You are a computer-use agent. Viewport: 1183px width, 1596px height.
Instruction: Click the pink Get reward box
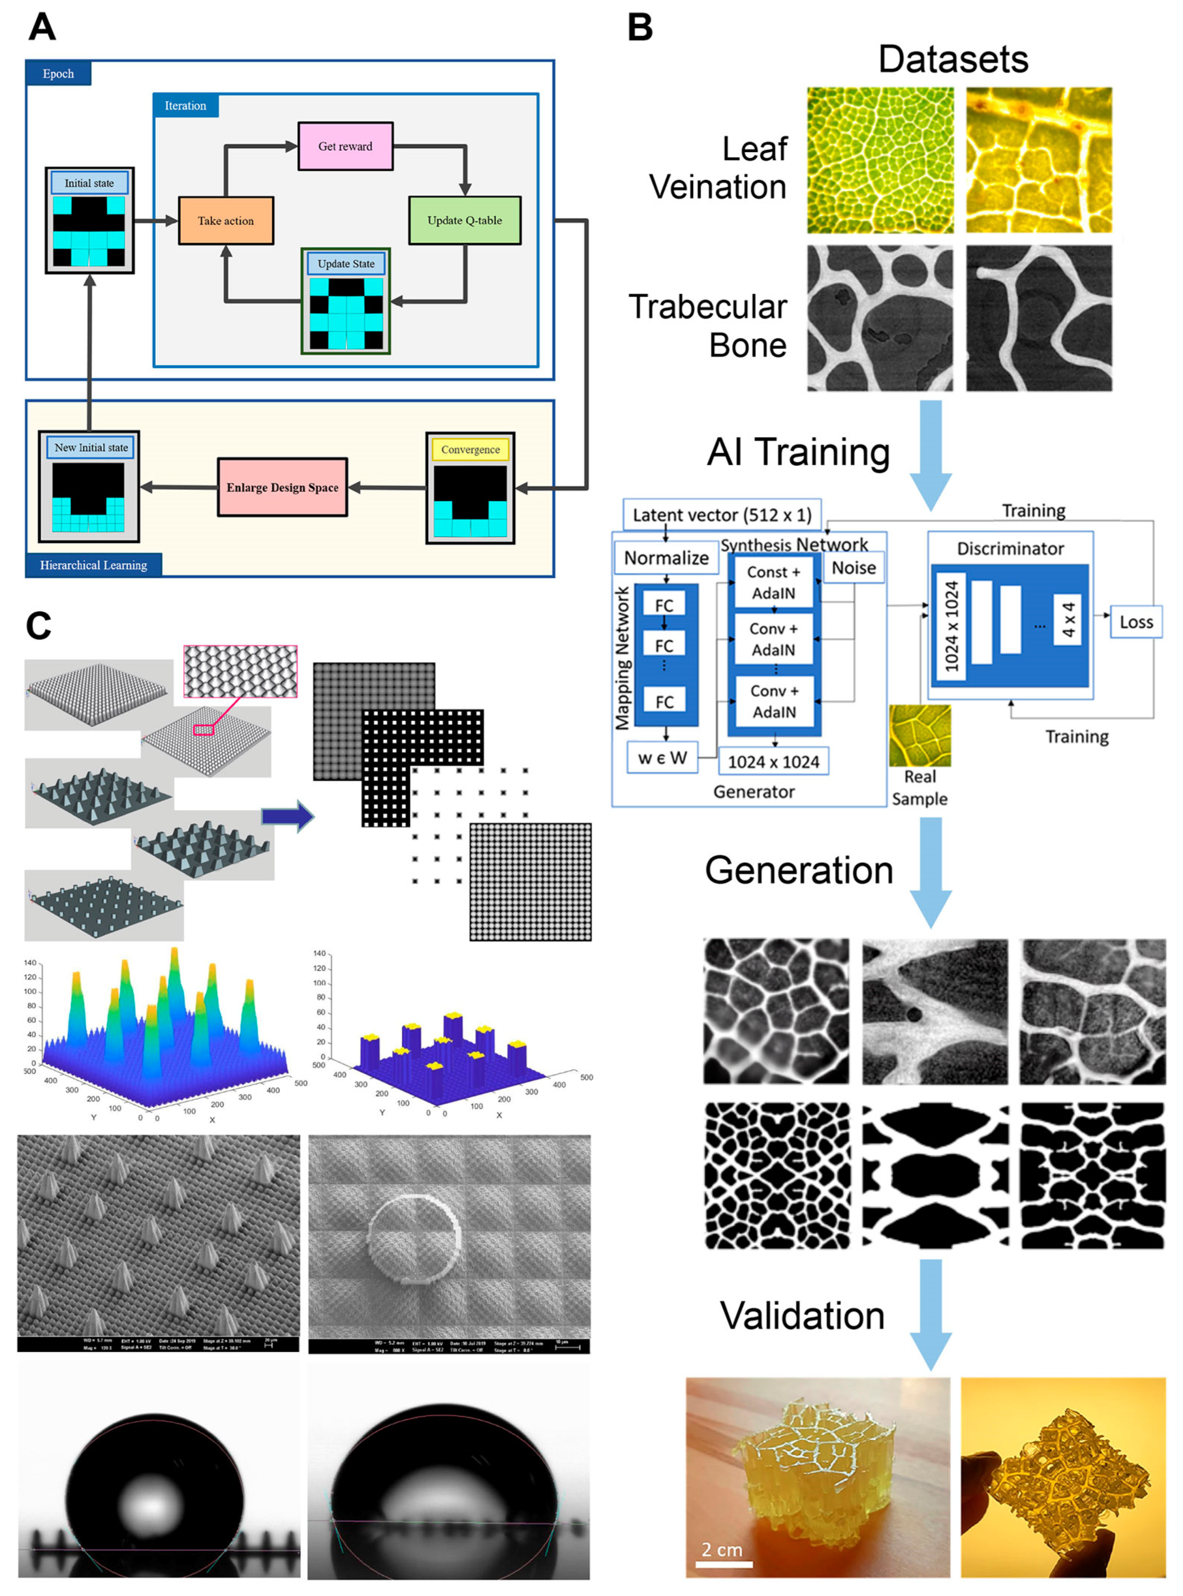345,146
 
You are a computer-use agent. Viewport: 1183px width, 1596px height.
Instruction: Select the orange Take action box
226,221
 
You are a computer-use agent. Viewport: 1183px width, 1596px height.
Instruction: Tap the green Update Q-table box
464,221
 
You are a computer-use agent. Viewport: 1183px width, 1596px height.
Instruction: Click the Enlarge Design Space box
282,487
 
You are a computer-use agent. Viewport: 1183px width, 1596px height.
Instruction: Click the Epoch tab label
58,74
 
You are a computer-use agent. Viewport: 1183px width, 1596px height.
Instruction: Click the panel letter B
640,27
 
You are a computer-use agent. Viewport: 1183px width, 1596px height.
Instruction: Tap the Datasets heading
953,60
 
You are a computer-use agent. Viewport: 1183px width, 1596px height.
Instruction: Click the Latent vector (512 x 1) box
722,515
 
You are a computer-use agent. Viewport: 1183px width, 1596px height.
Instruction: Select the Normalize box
666,558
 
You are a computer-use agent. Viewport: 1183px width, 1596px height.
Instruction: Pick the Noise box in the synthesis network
854,568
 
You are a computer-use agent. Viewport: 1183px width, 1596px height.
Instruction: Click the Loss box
1136,622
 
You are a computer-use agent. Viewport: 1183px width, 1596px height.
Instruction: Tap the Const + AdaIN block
773,583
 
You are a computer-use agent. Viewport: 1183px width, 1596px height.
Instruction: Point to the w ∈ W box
663,758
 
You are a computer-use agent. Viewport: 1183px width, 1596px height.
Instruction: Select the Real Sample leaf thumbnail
919,735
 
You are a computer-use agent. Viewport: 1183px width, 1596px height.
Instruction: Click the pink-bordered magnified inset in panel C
240,672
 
